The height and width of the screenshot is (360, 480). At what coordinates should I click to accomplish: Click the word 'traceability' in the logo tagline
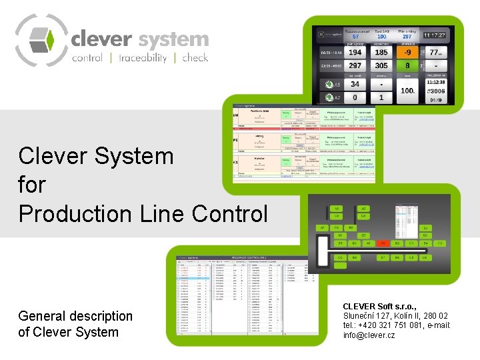(x=143, y=57)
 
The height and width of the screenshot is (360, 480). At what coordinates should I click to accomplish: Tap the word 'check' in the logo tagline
(x=195, y=57)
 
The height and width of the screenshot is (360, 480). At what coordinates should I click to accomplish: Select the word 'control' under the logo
(x=87, y=57)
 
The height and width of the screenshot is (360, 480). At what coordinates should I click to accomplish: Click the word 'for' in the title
(x=31, y=185)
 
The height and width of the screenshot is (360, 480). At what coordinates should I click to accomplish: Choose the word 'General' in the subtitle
(x=41, y=316)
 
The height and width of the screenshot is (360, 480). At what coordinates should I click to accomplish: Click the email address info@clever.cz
(x=369, y=335)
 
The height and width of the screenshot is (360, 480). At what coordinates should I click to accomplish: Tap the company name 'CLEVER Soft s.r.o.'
(x=380, y=306)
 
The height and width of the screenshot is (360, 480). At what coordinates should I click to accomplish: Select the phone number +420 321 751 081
(x=387, y=325)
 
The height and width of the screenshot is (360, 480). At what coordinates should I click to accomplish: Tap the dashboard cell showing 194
(x=355, y=51)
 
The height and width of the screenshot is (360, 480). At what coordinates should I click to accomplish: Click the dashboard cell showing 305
(x=381, y=65)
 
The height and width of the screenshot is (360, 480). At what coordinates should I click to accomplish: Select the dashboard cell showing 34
(x=355, y=85)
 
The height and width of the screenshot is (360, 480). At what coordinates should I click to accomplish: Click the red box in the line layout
(x=383, y=244)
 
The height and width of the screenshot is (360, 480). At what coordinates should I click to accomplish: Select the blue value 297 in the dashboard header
(x=405, y=37)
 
